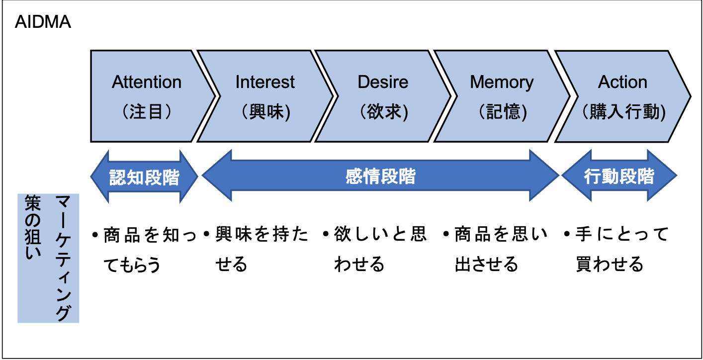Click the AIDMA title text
43,23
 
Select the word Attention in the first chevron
147,82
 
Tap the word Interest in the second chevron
265,82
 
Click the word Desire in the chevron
383,82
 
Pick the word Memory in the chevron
502,82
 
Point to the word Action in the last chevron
622,82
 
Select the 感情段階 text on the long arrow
380,177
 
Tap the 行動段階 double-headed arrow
619,177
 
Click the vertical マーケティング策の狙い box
48,258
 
